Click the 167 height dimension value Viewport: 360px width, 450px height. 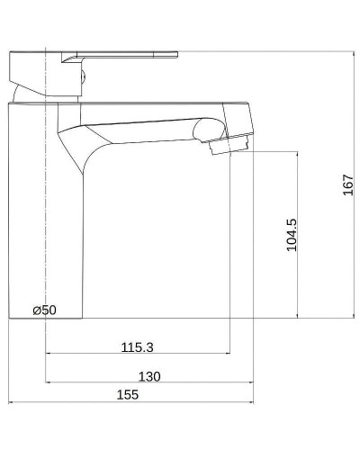coord(347,184)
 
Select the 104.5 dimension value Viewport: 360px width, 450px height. coord(292,234)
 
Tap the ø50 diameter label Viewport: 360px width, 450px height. coord(44,310)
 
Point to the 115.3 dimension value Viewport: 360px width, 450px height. coord(137,346)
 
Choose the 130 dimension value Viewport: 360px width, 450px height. coord(149,376)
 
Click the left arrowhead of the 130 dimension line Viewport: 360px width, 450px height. coord(49,383)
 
